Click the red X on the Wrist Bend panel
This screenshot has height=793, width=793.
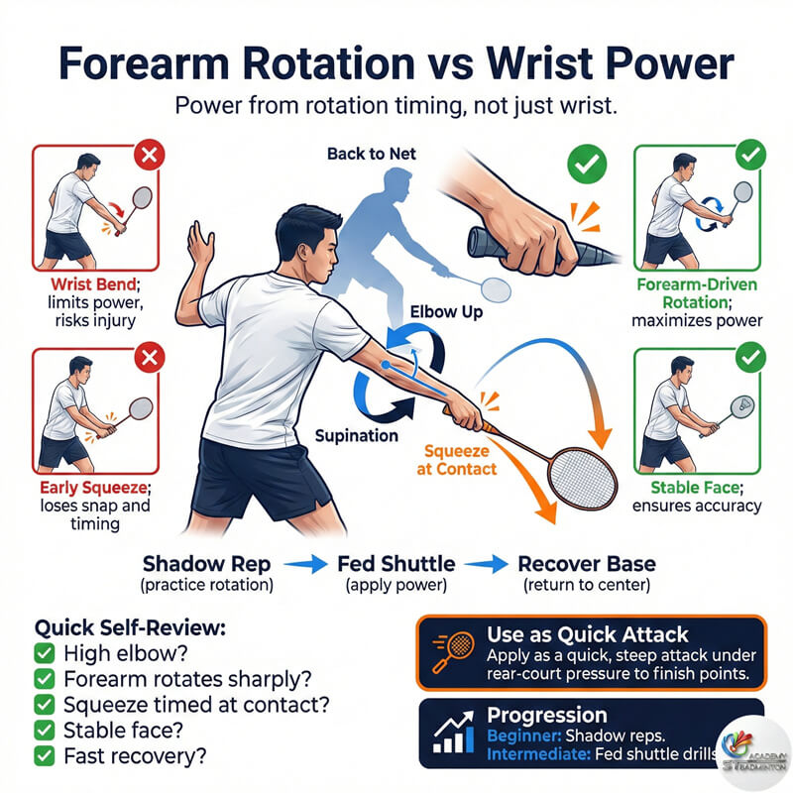pos(150,155)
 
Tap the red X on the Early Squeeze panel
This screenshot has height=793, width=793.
pos(150,358)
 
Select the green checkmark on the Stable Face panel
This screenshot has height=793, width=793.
pos(750,358)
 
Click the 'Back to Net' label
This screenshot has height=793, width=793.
pos(371,154)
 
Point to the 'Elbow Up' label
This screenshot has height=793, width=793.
pos(446,312)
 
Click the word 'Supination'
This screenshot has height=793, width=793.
pos(357,435)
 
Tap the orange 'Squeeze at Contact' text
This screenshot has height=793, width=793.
pos(457,460)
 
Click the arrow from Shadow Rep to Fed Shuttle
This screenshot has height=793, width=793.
pos(305,564)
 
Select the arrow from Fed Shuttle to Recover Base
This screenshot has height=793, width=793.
pos(486,564)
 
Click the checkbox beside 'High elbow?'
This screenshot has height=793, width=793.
pos(45,653)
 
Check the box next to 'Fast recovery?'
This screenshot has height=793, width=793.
pos(45,756)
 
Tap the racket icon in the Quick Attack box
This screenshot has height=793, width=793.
pos(453,651)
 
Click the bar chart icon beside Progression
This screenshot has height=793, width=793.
pos(454,732)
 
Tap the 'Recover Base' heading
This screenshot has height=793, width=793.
pos(587,564)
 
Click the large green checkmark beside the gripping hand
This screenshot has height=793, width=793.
pos(587,164)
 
